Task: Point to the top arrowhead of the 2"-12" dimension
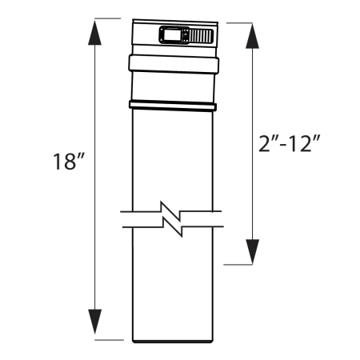254,36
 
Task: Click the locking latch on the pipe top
174,36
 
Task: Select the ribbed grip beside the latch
200,36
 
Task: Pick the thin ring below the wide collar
171,106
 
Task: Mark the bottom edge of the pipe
171,339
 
